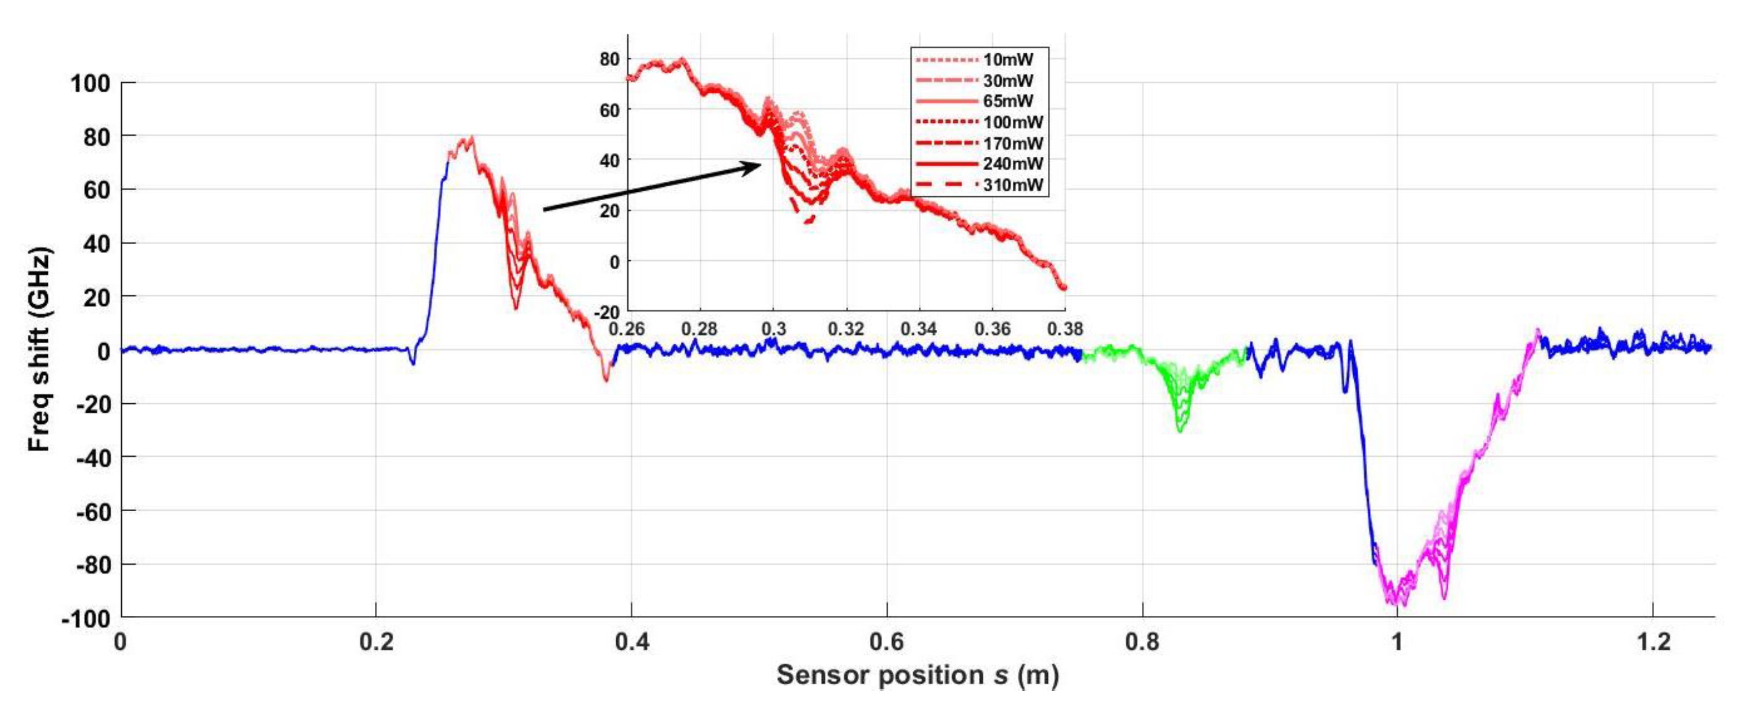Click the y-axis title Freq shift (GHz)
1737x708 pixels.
[x=40, y=350]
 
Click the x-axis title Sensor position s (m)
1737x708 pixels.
[x=917, y=675]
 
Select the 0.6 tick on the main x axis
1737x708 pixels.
[x=887, y=641]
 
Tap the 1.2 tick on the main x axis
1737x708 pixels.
[x=1653, y=641]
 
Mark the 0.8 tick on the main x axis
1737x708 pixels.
[x=1142, y=641]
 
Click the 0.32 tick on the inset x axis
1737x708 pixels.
[x=845, y=329]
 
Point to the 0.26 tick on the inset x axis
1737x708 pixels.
[x=627, y=329]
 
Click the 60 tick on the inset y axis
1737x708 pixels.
[x=609, y=109]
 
